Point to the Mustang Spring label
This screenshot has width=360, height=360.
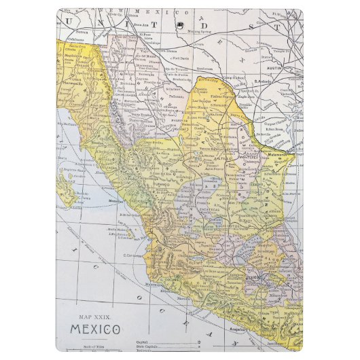200,32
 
